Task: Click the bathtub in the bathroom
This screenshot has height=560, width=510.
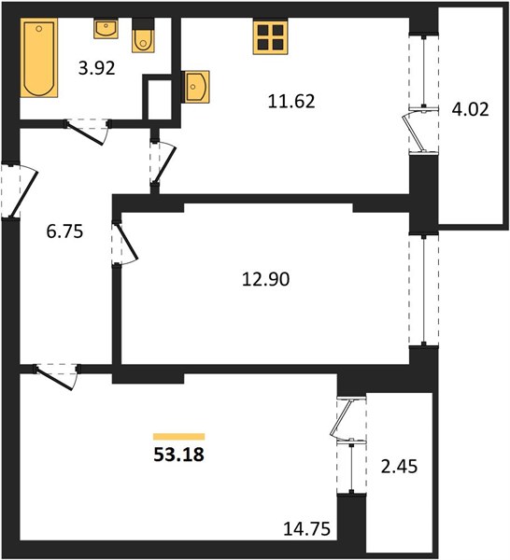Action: (39, 58)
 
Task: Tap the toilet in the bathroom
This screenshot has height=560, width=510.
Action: (143, 35)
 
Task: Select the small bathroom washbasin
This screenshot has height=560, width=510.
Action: (106, 28)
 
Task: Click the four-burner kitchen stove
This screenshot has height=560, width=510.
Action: (270, 36)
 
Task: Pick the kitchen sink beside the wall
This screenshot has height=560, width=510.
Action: (195, 87)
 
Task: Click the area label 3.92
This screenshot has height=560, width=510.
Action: (97, 68)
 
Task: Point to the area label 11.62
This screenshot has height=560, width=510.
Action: (291, 102)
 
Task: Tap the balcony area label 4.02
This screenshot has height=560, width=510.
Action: (470, 109)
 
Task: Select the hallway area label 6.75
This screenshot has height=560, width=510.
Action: (64, 231)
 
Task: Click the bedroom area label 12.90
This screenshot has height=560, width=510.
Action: (265, 279)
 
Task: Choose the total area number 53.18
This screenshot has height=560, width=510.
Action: (178, 455)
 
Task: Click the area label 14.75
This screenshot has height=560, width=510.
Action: (306, 528)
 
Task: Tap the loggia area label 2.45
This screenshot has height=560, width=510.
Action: (399, 467)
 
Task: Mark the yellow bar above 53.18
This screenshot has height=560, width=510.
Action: (178, 437)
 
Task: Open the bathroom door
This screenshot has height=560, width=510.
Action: (88, 132)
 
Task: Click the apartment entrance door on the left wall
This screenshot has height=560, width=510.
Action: (19, 190)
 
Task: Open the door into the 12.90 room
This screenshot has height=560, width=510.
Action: (124, 244)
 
